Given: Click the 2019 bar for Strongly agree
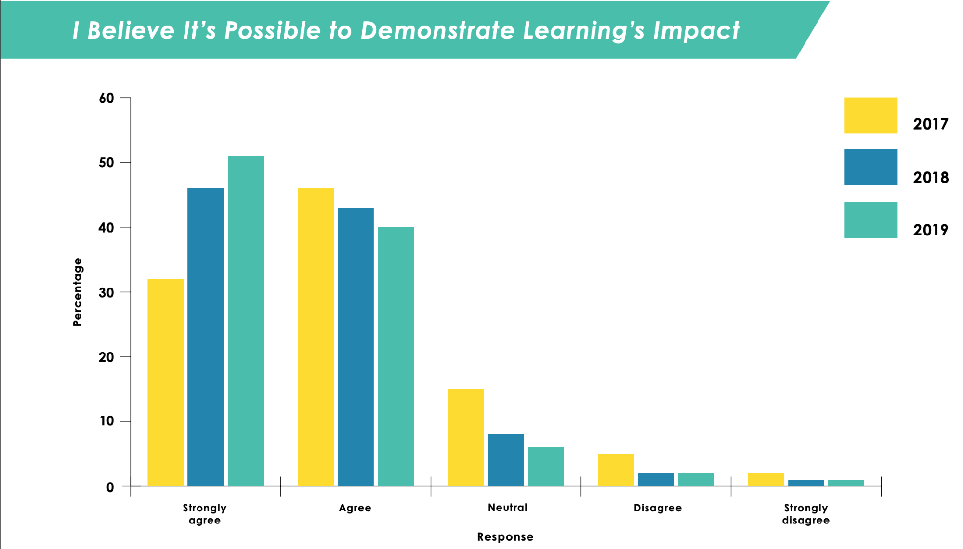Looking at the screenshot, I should pyautogui.click(x=246, y=321).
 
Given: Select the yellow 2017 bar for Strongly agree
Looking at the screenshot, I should pyautogui.click(x=165, y=382).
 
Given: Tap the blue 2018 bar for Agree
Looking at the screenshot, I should pyautogui.click(x=356, y=347).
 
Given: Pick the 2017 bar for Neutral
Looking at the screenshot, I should pyautogui.click(x=466, y=437).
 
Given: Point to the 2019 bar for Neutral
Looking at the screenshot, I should pyautogui.click(x=545, y=467).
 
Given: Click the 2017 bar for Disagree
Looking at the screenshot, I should pyautogui.click(x=616, y=470).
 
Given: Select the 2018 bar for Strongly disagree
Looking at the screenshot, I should pyautogui.click(x=806, y=483).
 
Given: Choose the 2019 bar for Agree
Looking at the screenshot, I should pyautogui.click(x=396, y=356).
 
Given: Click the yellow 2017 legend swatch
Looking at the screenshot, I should pyautogui.click(x=871, y=116).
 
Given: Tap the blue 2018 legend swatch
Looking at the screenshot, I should pyautogui.click(x=871, y=167).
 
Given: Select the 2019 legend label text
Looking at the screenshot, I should pyautogui.click(x=930, y=230).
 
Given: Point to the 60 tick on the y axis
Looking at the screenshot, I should pyautogui.click(x=106, y=98).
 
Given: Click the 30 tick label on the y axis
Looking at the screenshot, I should pyautogui.click(x=106, y=292).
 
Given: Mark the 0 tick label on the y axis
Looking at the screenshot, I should pyautogui.click(x=110, y=487).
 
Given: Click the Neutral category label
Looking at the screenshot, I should pyautogui.click(x=507, y=508).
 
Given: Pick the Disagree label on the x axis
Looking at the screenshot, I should pyautogui.click(x=658, y=508).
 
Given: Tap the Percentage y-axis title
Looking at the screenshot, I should pyautogui.click(x=78, y=292).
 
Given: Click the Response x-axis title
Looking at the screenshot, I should pyautogui.click(x=505, y=537).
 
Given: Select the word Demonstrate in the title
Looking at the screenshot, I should pyautogui.click(x=437, y=30).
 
